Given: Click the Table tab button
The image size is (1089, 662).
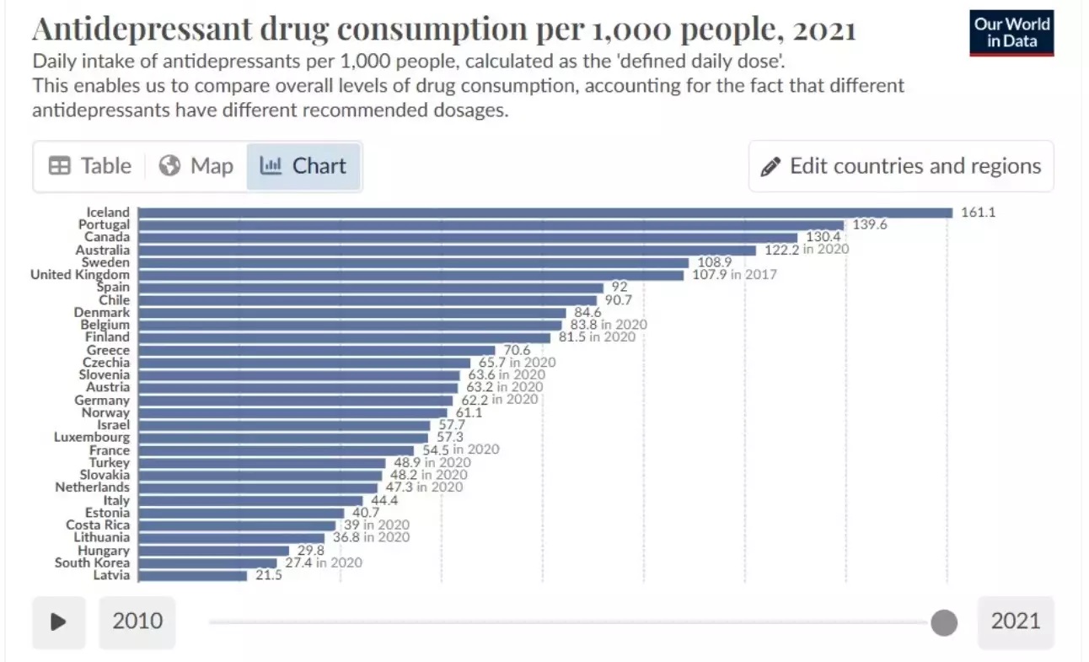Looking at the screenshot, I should click(90, 166).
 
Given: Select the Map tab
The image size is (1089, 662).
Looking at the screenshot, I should click(196, 166).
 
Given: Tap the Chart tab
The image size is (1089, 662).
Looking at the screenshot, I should click(303, 166).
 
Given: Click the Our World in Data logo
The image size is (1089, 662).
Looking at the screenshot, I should click(1011, 33).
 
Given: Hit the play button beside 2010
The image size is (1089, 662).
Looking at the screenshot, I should click(59, 622).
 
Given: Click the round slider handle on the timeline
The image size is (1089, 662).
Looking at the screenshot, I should click(944, 623).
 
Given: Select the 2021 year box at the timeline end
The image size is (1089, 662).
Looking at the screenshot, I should click(1016, 622).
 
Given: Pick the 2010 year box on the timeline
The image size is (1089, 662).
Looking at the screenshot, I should click(137, 622).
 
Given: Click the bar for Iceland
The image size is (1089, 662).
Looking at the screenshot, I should click(544, 213).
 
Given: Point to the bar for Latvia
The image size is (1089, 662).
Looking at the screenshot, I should click(192, 575).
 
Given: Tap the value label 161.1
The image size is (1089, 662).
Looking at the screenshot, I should click(978, 213).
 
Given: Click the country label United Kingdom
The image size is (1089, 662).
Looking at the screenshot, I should click(80, 275).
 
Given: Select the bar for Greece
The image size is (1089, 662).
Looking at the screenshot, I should click(316, 350).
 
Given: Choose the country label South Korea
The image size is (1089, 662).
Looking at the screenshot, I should click(93, 562).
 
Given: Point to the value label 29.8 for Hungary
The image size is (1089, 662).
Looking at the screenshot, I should click(308, 550).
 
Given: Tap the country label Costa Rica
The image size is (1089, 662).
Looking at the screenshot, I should click(98, 525).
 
